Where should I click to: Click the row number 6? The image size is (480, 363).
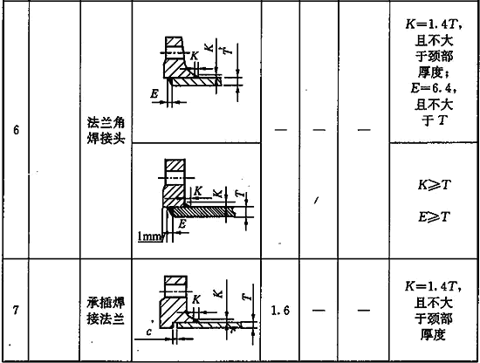[16, 130]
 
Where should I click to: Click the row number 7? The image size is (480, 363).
[16, 310]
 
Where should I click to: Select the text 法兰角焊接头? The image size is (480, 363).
[106, 130]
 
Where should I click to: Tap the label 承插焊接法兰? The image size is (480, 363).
[106, 311]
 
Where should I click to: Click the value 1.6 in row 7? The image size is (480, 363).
[280, 311]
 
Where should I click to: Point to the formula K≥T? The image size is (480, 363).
[434, 185]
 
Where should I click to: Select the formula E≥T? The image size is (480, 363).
[434, 216]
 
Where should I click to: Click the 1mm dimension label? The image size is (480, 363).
[148, 236]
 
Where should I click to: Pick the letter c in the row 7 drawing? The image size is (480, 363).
[149, 332]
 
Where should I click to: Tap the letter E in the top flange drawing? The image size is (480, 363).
[154, 93]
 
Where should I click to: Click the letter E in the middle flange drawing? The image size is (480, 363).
[182, 224]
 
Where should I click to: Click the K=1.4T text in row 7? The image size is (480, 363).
[432, 286]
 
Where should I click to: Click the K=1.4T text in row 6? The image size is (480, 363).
[433, 24]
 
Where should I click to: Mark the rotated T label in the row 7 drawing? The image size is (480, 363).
[247, 297]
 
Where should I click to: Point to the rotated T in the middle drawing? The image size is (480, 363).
[240, 194]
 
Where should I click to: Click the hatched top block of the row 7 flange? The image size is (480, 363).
[175, 281]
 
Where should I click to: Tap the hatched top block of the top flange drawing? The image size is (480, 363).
[174, 41]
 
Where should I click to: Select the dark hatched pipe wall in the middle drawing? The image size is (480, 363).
[202, 211]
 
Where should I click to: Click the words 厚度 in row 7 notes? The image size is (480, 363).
[433, 334]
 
